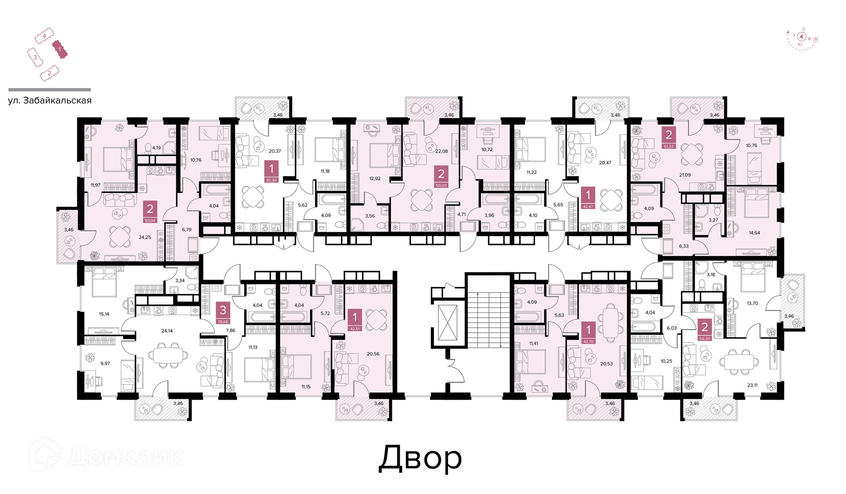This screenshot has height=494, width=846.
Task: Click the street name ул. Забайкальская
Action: coord(50,100)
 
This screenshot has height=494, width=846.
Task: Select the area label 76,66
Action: coord(223,322)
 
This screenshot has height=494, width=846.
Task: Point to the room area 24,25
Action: coord(145,237)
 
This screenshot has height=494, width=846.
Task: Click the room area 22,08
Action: coord(442,151)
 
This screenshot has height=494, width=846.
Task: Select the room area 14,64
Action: coord(754,233)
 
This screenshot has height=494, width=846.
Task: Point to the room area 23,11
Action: coord(753,385)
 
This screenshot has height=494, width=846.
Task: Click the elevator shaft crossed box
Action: coord(448,323)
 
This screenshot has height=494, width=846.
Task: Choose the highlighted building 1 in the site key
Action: coord(59,49)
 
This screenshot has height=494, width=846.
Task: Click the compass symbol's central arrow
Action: coord(802,37)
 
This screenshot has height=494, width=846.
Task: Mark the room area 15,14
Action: coord(104,314)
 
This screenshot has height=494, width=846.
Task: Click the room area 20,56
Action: coord(373,354)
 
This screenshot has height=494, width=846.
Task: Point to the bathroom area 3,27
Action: coord(713,220)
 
